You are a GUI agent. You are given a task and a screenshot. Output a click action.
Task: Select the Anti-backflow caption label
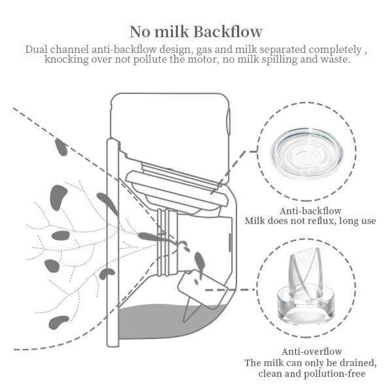click(x=309, y=211)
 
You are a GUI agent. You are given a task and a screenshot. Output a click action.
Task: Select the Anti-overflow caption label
click(x=310, y=351)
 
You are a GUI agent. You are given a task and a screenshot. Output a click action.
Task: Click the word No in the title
click(x=141, y=31)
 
